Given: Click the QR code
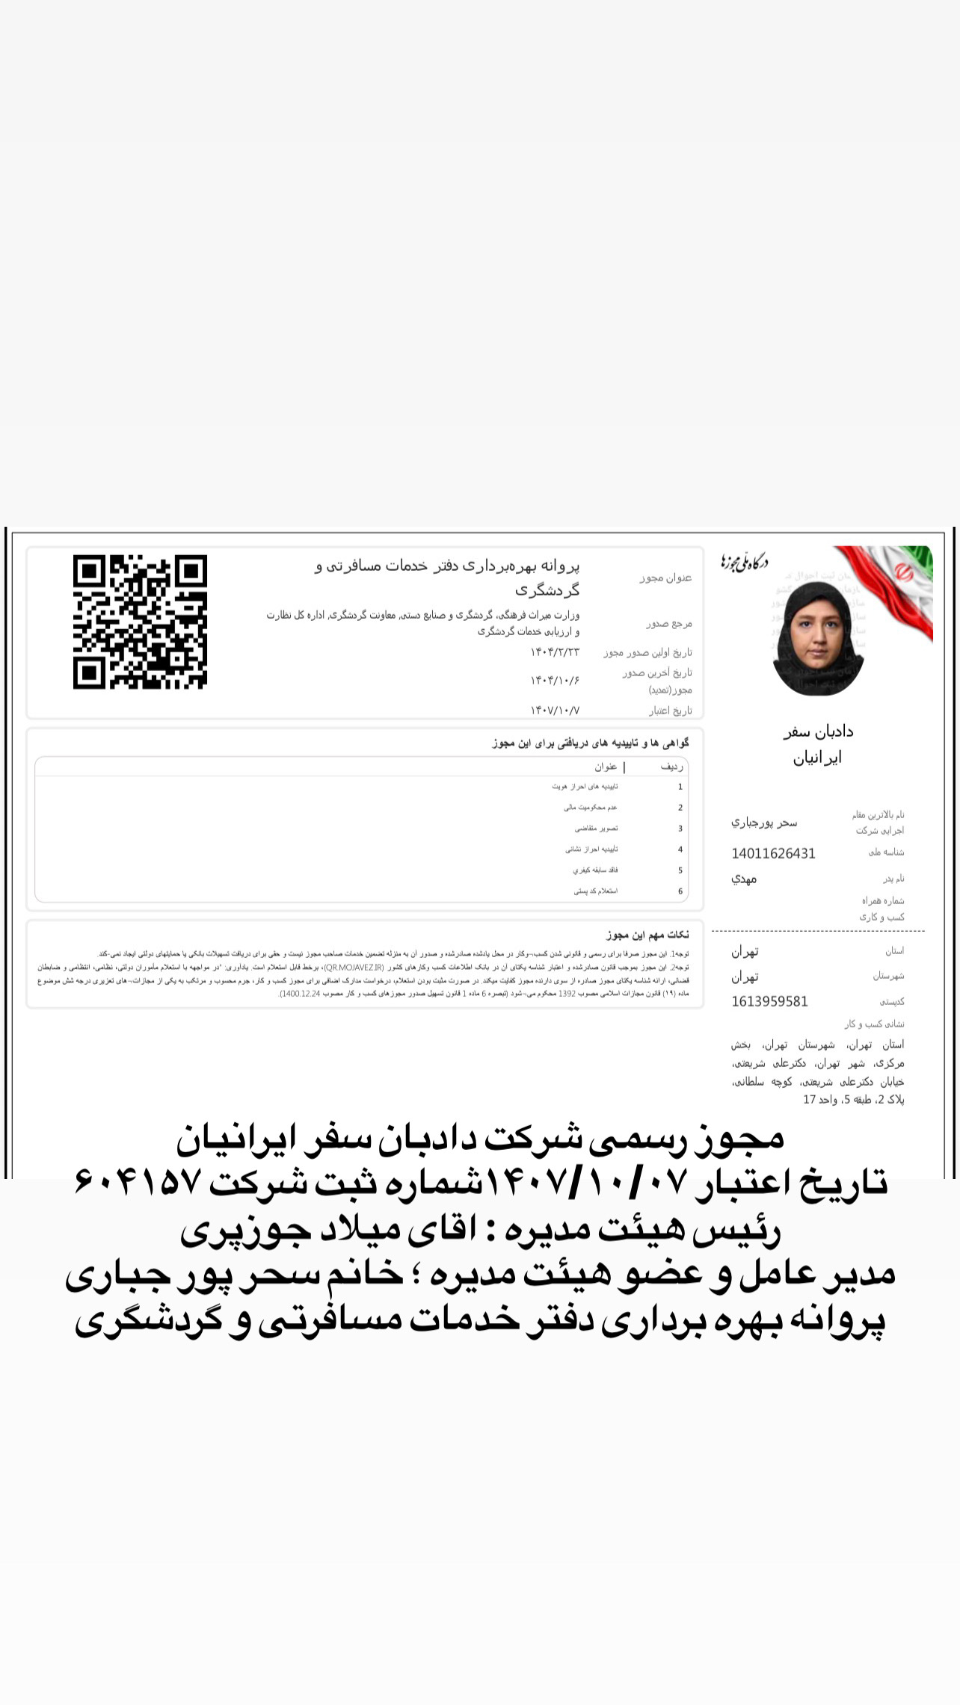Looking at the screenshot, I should click(x=140, y=622).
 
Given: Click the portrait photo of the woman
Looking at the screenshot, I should click(x=818, y=640).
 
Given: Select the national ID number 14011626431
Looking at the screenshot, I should click(x=773, y=853).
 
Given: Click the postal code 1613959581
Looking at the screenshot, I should click(x=769, y=1001).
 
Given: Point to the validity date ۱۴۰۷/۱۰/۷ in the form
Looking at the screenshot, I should click(x=555, y=710).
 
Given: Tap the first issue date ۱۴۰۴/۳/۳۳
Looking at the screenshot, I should click(x=555, y=652).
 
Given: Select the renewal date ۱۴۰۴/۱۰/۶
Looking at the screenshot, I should click(x=555, y=680).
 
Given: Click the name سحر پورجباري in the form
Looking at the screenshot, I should click(x=763, y=822).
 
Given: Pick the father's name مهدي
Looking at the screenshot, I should click(x=744, y=879).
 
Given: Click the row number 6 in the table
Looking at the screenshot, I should click(x=680, y=891).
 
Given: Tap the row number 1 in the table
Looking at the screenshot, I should click(x=680, y=787).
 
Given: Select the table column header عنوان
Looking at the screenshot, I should click(x=606, y=767).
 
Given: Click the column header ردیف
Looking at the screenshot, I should click(x=671, y=767).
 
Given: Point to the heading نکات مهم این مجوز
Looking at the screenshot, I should click(x=647, y=935).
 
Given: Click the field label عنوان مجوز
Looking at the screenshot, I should click(x=665, y=578).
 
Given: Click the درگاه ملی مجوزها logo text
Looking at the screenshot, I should click(x=745, y=561).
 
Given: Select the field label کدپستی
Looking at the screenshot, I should click(x=892, y=1002).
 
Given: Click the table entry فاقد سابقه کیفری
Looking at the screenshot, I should click(x=595, y=870).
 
